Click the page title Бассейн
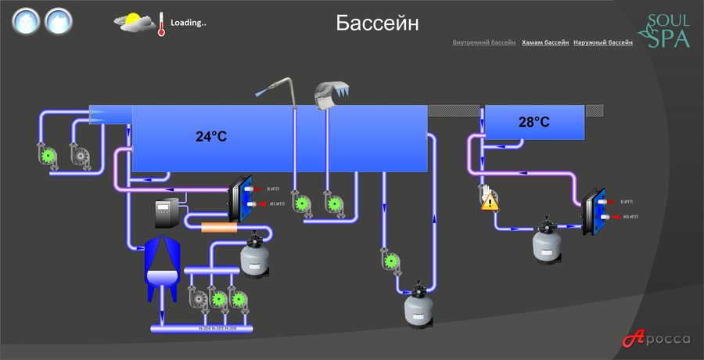[377, 23]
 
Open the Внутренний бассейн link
[483, 42]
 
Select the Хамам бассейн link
[544, 42]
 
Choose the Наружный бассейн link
[603, 42]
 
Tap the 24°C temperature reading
[211, 136]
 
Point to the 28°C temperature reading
[533, 122]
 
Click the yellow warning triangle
[490, 203]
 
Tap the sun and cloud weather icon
[135, 23]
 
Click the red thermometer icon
[160, 24]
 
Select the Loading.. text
[188, 23]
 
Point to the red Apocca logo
[656, 339]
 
